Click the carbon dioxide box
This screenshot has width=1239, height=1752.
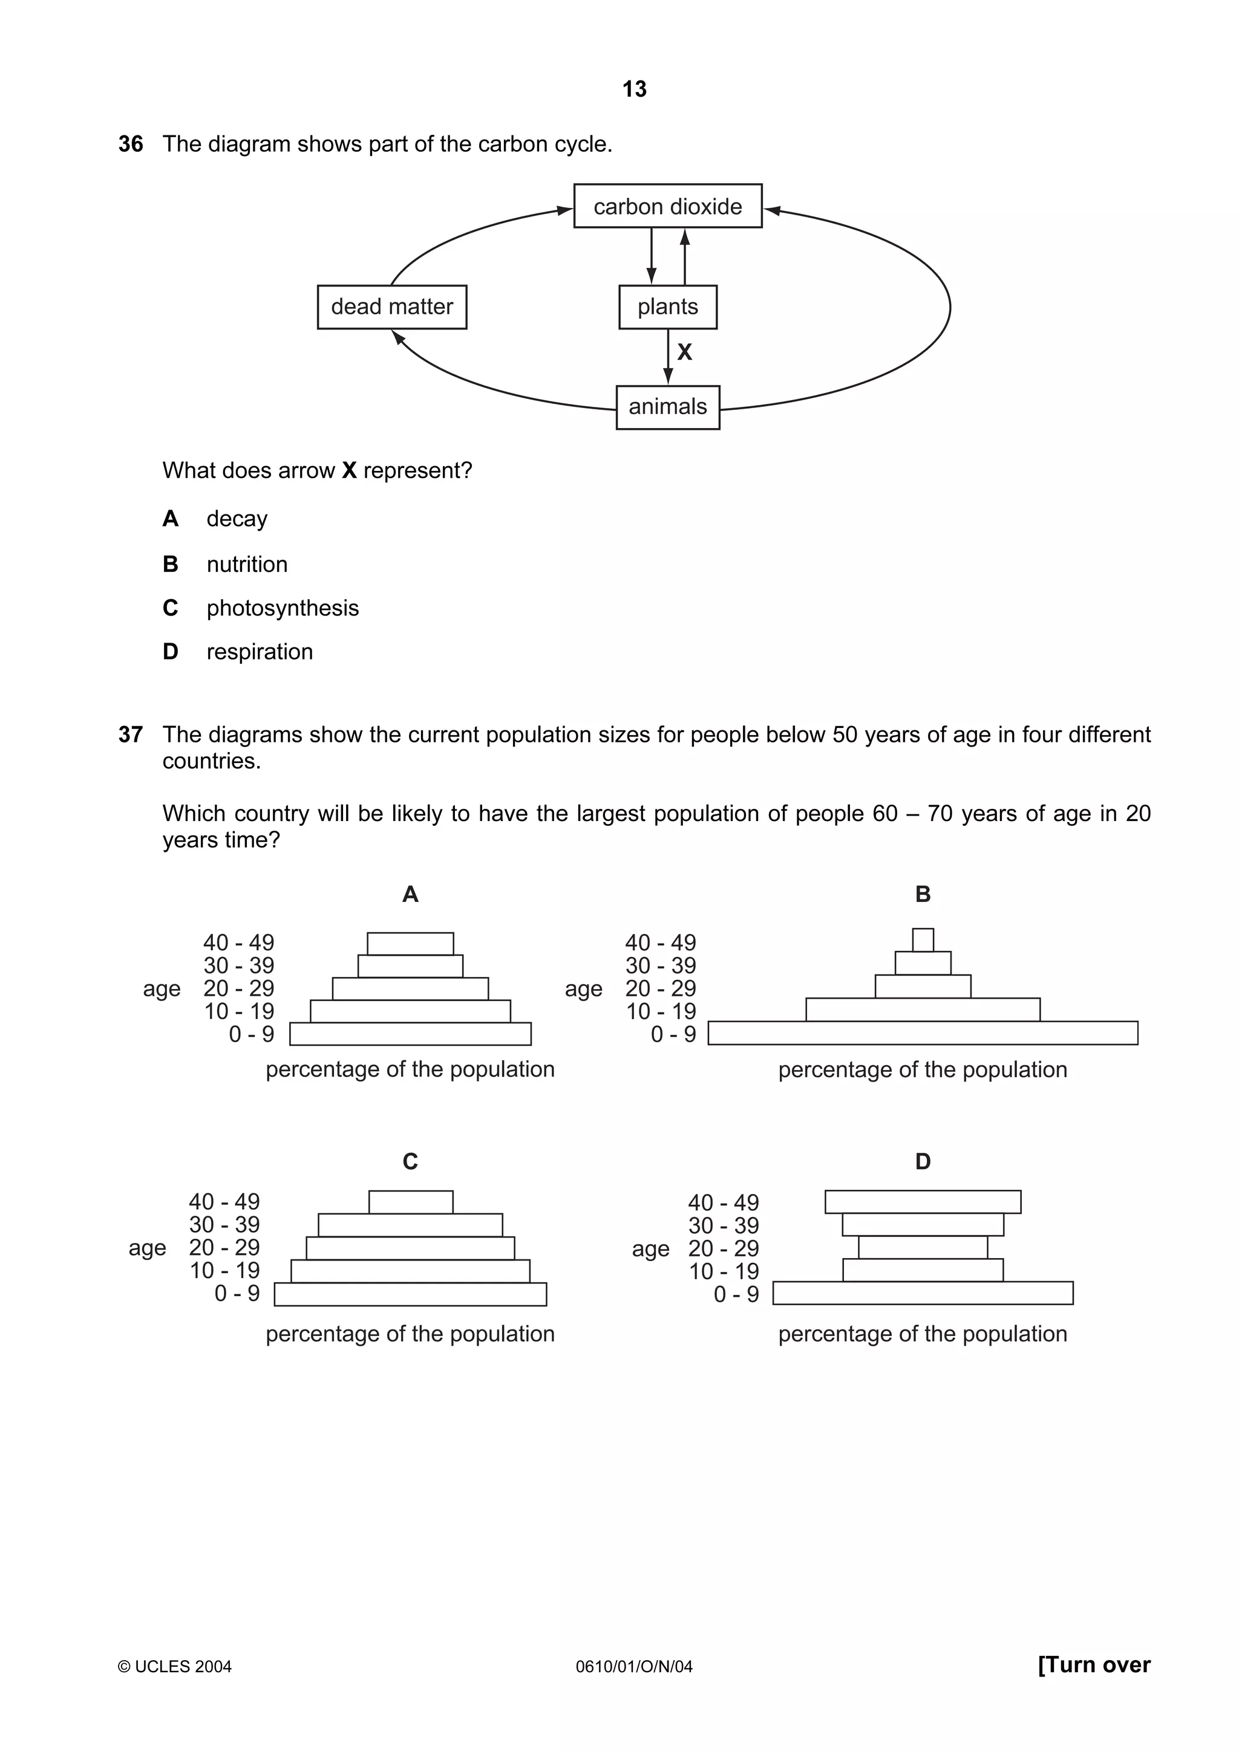(667, 206)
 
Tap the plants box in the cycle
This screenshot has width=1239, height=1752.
(667, 307)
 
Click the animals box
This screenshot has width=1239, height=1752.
(667, 407)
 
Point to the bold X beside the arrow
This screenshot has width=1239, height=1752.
(685, 352)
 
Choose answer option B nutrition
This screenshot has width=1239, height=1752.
(247, 564)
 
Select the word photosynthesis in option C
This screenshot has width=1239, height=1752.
(283, 608)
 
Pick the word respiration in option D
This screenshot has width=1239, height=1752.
(260, 652)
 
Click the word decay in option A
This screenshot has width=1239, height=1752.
(237, 519)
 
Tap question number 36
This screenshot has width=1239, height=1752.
(131, 144)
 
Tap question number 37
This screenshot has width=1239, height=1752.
(131, 734)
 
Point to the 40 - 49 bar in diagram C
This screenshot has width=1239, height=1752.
(411, 1202)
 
